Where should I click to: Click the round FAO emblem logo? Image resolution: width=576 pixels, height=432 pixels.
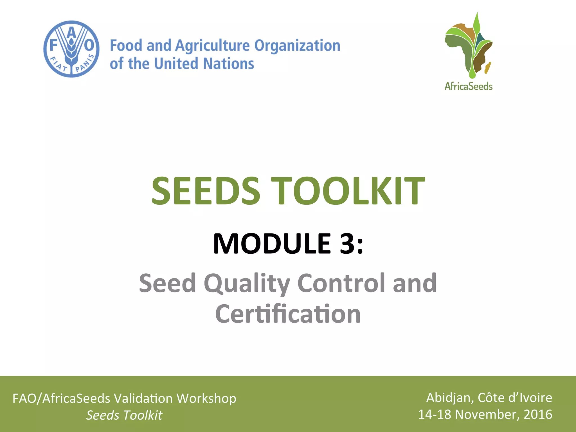(x=71, y=49)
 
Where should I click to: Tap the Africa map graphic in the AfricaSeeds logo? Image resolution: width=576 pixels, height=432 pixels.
(x=468, y=46)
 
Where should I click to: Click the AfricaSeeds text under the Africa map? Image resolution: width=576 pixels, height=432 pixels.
(x=468, y=86)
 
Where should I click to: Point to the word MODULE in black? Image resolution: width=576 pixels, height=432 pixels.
(x=272, y=244)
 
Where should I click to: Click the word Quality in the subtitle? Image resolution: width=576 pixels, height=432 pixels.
(x=247, y=283)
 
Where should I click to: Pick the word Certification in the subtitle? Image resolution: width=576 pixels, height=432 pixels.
(x=288, y=314)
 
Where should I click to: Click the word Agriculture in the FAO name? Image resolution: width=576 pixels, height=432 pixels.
(x=212, y=46)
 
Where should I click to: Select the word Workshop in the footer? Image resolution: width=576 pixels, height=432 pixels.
(x=206, y=399)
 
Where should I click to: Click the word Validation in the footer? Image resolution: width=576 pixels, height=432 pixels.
(x=143, y=399)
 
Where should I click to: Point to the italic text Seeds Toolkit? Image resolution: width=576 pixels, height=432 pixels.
(x=124, y=415)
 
